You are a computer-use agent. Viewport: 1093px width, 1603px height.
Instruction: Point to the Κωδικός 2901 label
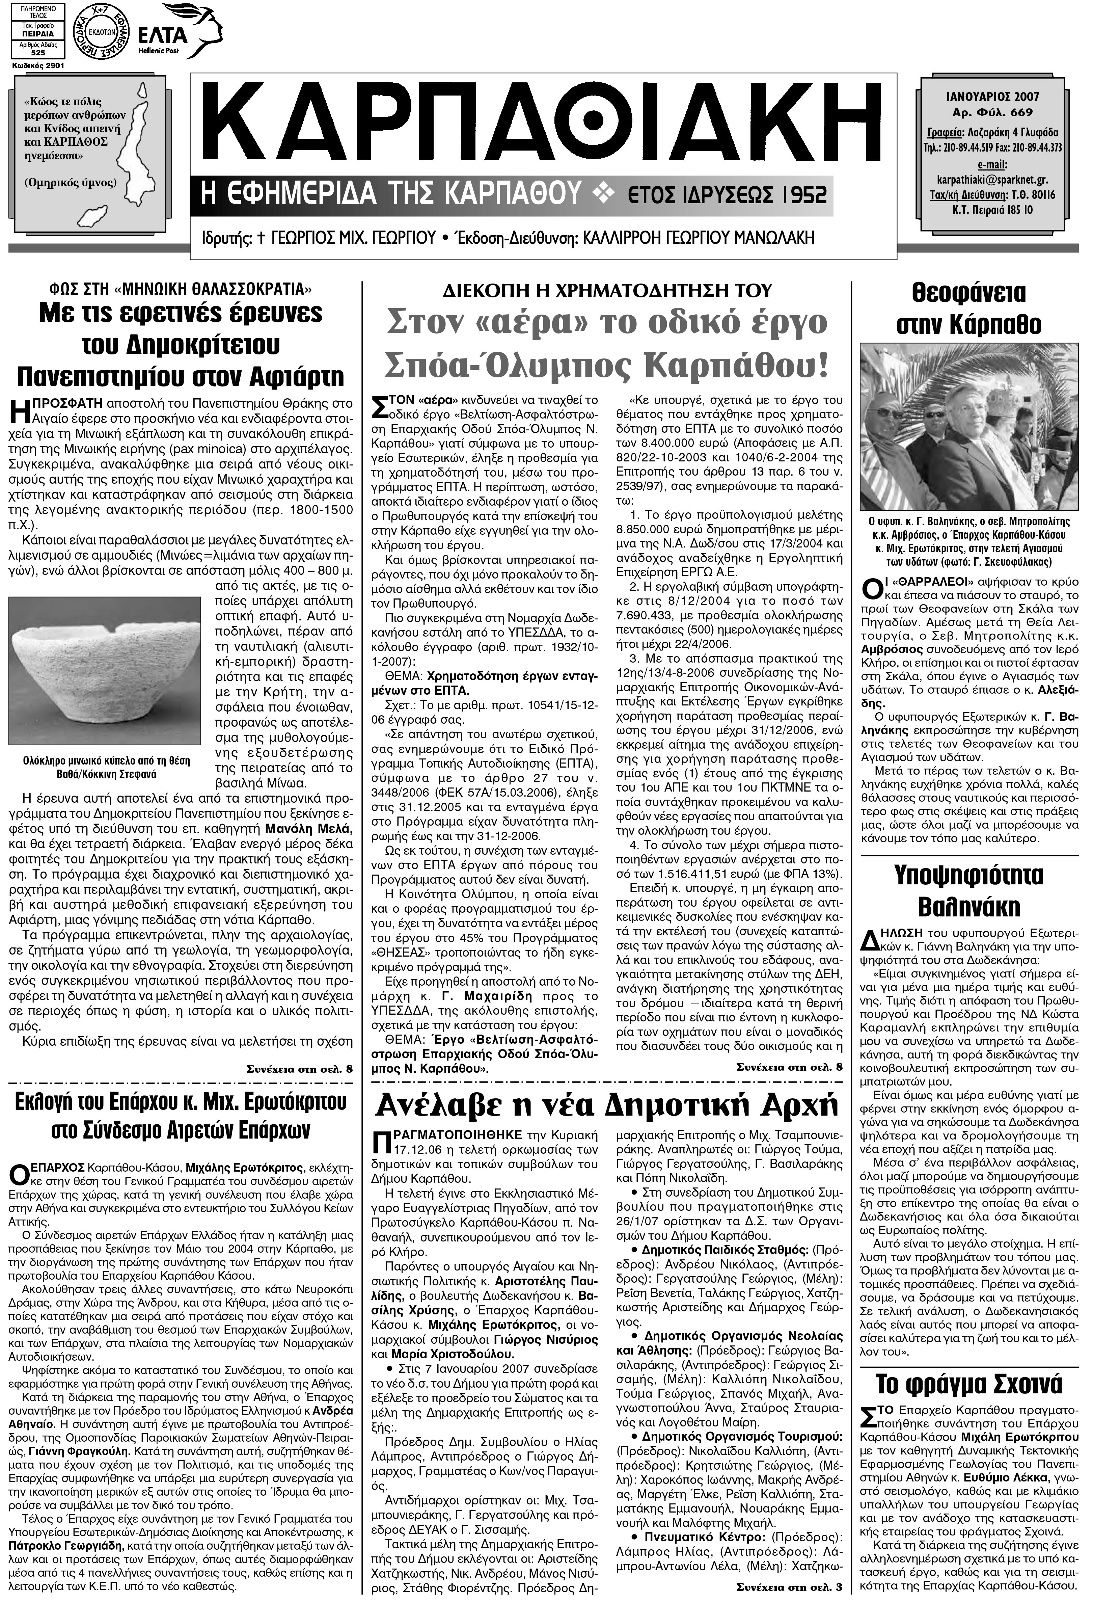pos(38,65)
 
